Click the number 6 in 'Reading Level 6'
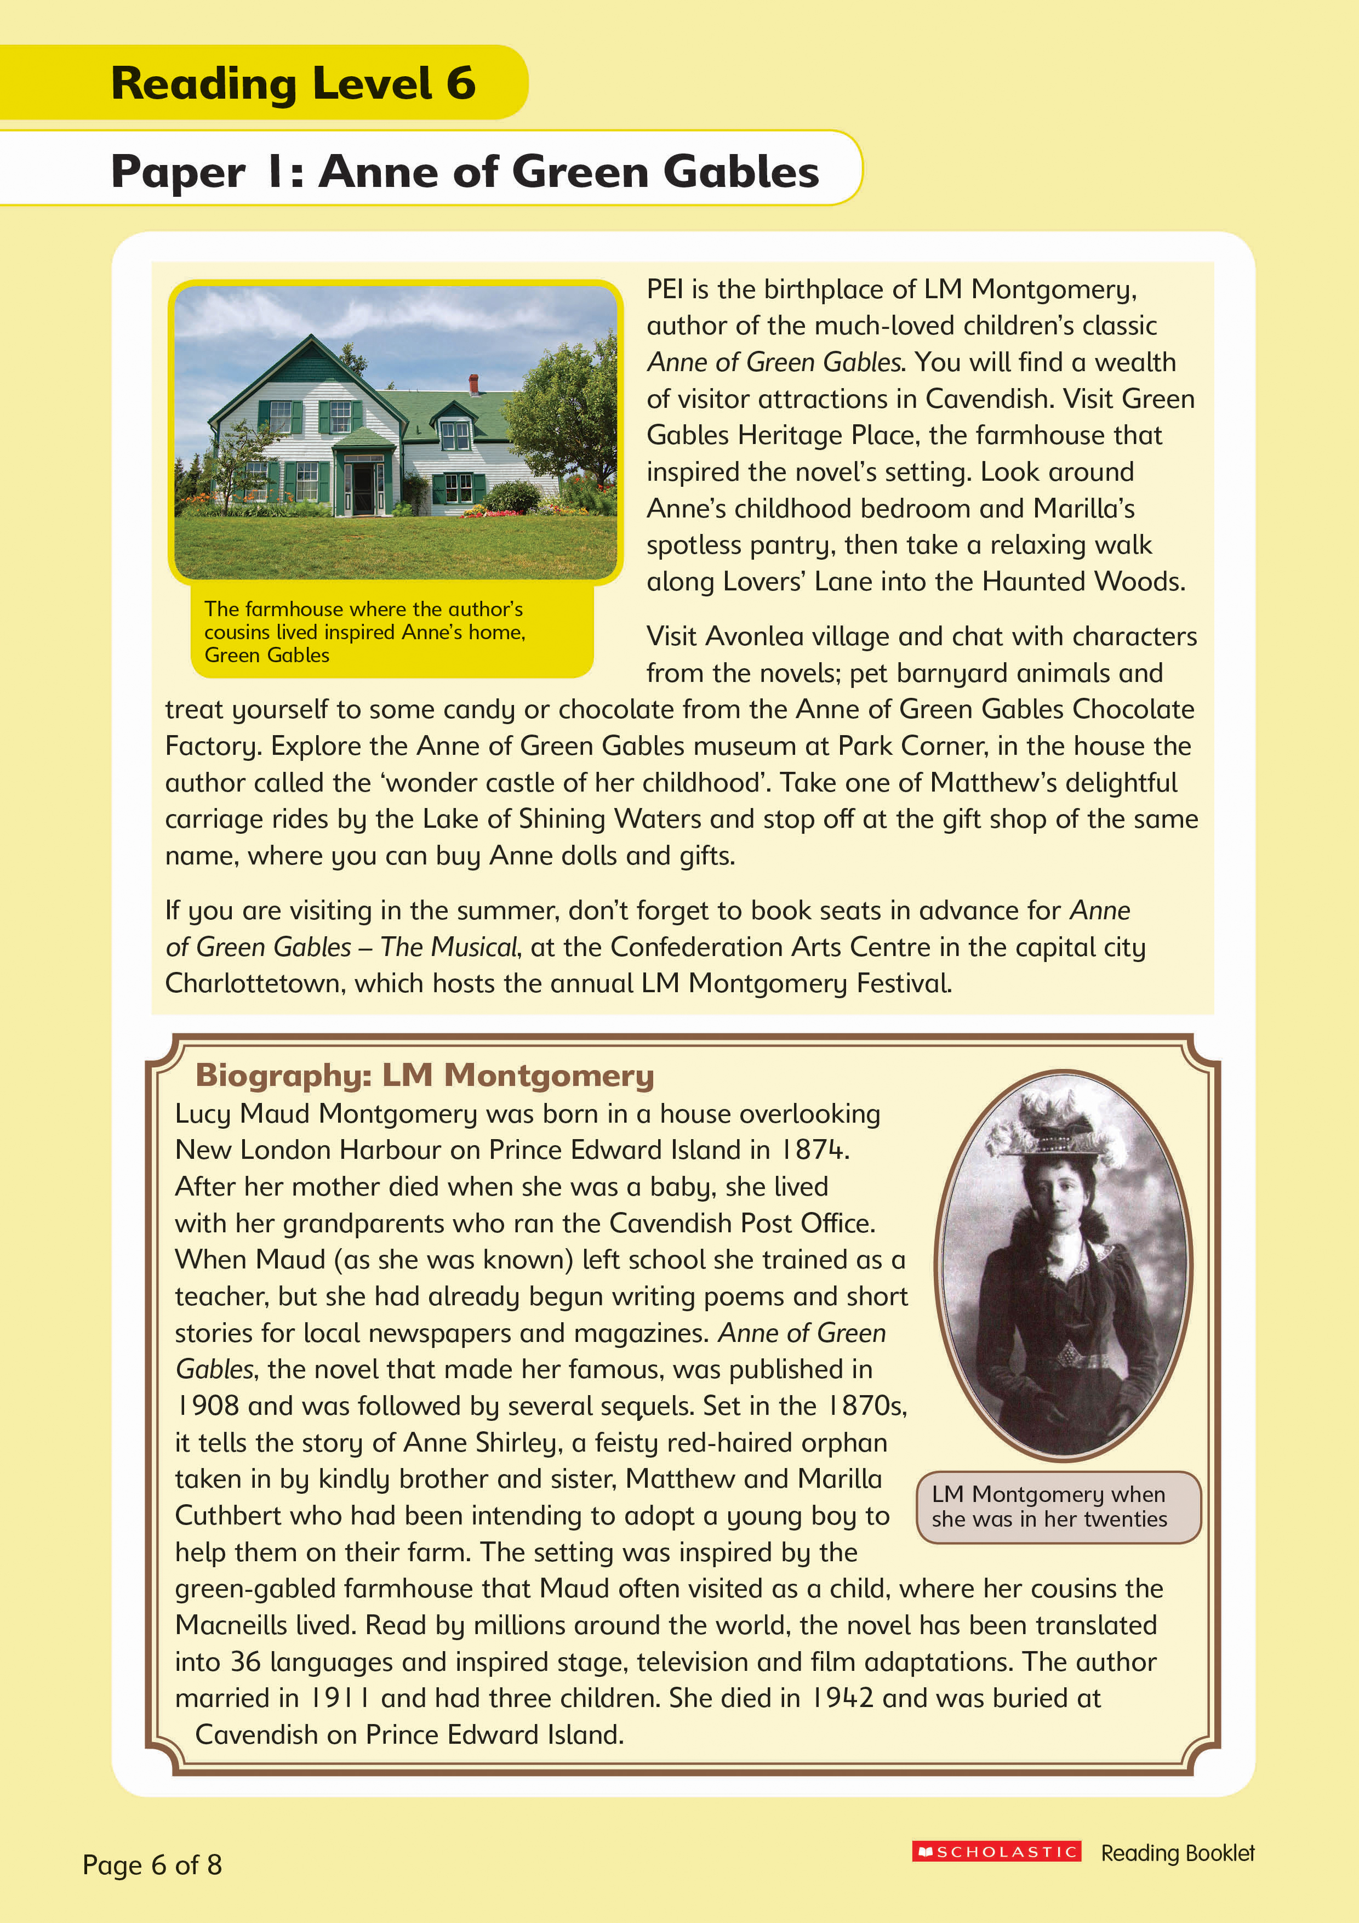tap(460, 83)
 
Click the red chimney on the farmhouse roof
tap(474, 384)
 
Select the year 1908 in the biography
tap(208, 1406)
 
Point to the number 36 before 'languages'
tap(246, 1662)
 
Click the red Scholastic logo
tap(996, 1851)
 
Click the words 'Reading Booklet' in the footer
tap(1177, 1853)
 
